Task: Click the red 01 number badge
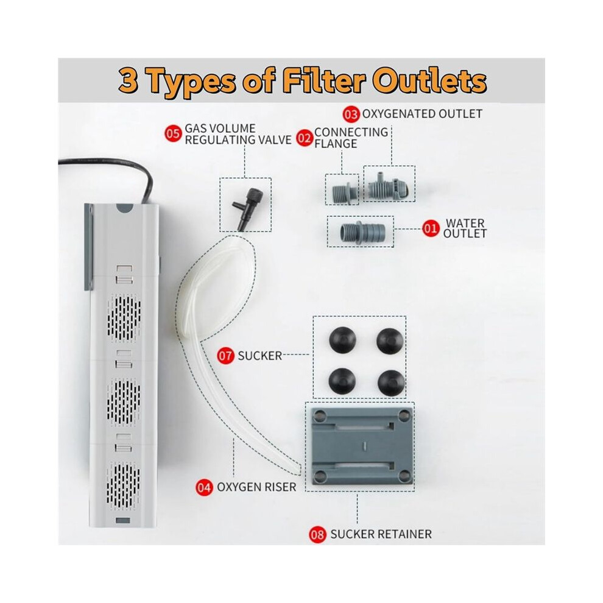pos(431,229)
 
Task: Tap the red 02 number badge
pos(305,138)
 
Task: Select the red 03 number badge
pos(351,115)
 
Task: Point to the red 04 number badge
pos(204,487)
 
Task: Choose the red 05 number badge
pos(173,134)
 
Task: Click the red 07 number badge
pos(225,356)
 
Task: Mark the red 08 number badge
pos(317,535)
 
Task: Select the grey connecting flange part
pos(342,190)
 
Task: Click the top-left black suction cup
pos(342,340)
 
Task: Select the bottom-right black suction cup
pos(391,383)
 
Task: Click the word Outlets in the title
pos(429,82)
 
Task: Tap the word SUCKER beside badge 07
pos(260,356)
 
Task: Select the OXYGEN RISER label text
pos(256,487)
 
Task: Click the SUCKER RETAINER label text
pos(381,534)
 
